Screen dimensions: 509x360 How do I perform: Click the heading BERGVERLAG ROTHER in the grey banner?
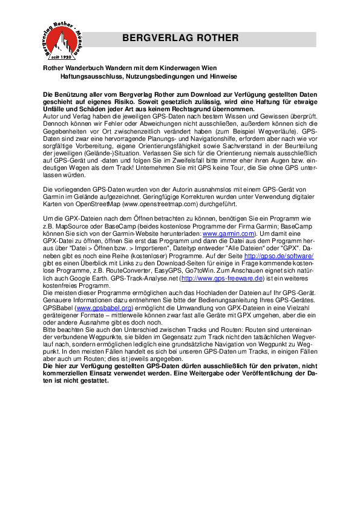pos(180,38)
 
